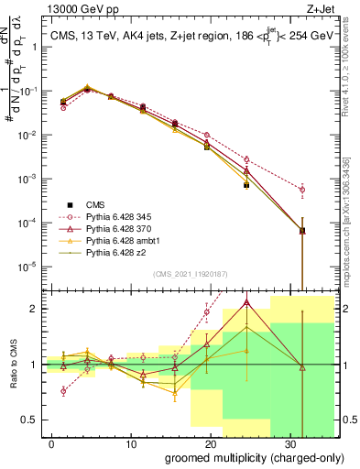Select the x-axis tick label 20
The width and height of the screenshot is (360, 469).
(x=202, y=442)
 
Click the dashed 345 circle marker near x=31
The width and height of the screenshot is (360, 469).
(x=302, y=190)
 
